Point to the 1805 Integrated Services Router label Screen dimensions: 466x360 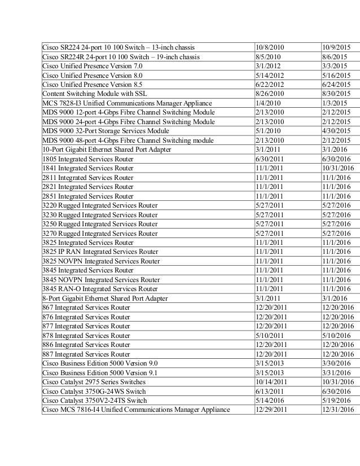88,159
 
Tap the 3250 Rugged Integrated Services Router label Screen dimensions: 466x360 100,223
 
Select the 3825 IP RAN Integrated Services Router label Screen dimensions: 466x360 100,250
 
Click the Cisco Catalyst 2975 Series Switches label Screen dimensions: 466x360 94,381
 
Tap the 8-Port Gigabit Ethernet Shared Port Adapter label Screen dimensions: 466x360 105,298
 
